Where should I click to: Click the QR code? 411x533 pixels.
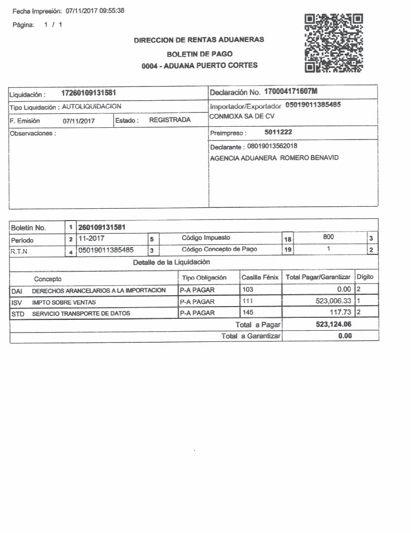coord(334,43)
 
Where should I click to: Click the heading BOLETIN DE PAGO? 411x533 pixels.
coord(200,54)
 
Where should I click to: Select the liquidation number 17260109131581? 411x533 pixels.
coord(88,93)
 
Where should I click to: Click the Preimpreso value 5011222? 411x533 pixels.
coord(278,132)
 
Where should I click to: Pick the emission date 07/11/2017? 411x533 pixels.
coord(79,120)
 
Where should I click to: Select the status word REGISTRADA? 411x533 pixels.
coord(170,120)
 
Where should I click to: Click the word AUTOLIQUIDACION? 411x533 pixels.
coord(92,106)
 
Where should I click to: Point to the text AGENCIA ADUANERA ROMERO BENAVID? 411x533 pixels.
coord(274,158)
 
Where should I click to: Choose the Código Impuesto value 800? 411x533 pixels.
coord(328,237)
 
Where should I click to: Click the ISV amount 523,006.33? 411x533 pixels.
coord(333,301)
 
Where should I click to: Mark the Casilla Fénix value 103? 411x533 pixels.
coord(248,289)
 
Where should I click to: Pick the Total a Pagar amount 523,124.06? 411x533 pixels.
coord(334,325)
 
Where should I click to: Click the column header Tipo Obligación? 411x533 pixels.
coord(205,278)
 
